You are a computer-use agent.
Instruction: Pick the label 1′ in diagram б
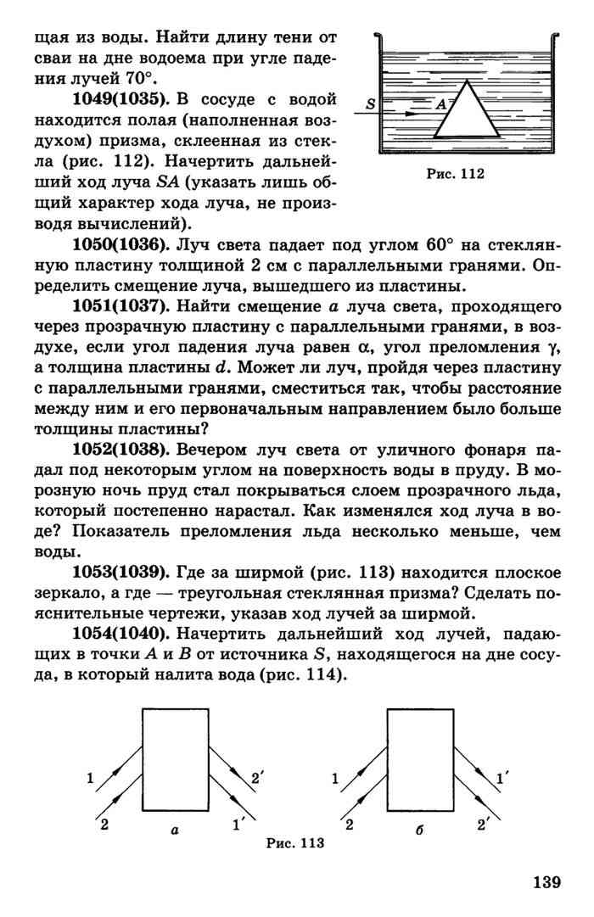(x=502, y=778)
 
